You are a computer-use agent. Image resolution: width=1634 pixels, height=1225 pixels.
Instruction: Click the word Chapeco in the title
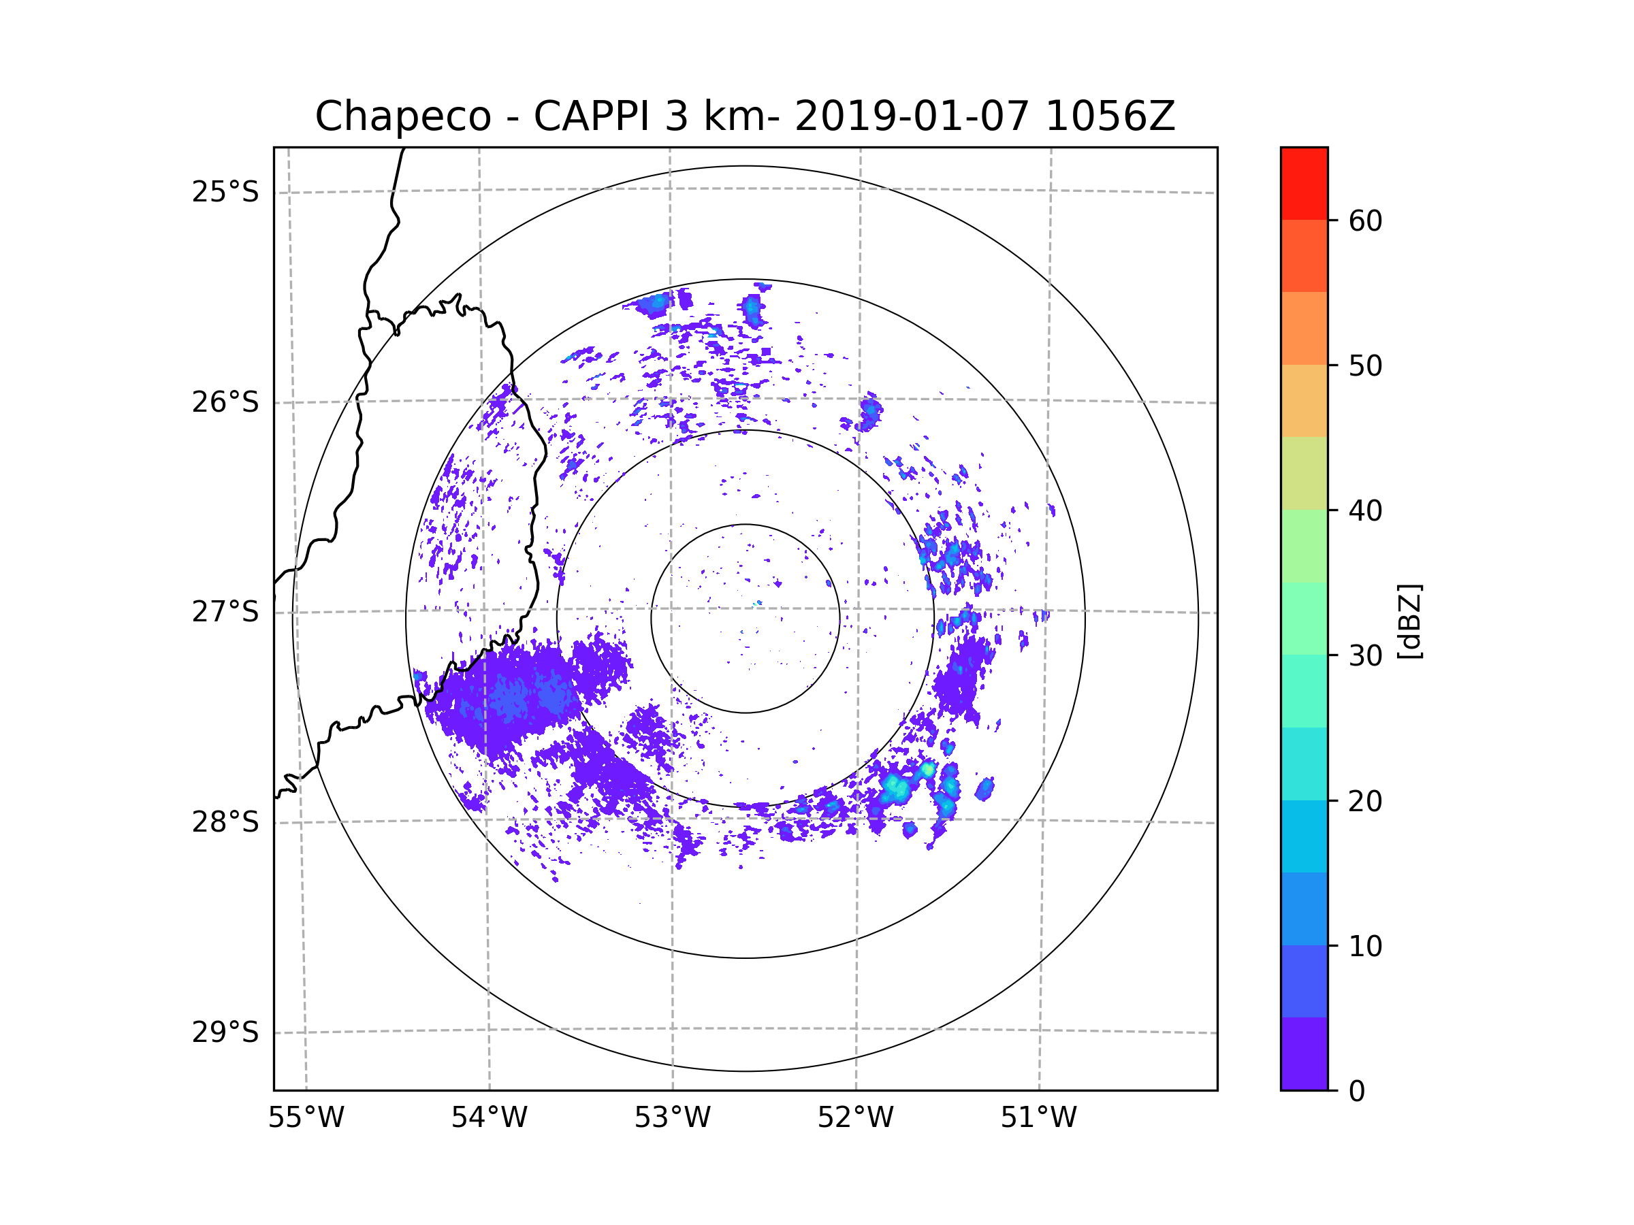[402, 116]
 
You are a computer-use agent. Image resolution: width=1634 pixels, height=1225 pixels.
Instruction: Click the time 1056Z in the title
[1110, 116]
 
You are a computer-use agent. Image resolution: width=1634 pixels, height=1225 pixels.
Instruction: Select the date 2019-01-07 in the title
[911, 116]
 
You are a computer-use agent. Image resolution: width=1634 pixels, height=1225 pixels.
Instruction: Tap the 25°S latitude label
[225, 192]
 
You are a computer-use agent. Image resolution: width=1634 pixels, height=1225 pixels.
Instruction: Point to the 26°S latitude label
[225, 402]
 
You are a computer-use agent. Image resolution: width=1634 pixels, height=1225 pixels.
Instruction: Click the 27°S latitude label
[225, 612]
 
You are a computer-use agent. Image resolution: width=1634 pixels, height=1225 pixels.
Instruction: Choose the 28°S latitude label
[225, 822]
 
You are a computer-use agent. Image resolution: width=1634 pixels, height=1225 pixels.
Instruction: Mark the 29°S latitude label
[225, 1032]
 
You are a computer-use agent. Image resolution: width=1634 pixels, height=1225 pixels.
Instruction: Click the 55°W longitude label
[306, 1118]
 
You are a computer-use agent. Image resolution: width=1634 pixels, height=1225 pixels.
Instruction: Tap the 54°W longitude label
[489, 1118]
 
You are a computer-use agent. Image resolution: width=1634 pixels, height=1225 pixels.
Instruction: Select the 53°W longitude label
[672, 1118]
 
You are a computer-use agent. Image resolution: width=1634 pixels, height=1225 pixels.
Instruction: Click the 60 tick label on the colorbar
[1365, 220]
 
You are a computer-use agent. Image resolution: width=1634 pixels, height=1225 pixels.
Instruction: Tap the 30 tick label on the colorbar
[1365, 655]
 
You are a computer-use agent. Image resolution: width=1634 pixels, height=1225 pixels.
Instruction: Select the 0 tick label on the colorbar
[1357, 1092]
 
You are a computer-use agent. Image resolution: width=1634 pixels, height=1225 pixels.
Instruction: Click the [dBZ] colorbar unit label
[1409, 621]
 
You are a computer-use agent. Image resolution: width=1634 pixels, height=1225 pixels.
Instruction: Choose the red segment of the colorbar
[1304, 183]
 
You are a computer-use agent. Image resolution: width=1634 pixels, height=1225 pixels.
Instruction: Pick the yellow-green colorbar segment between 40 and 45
[1304, 473]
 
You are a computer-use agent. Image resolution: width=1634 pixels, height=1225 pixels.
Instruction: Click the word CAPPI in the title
[591, 116]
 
